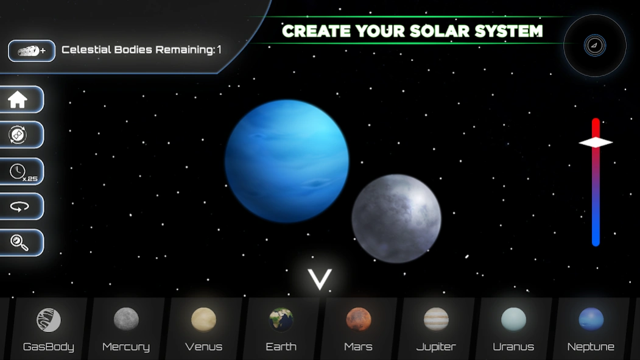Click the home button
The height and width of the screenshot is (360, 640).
coord(18,100)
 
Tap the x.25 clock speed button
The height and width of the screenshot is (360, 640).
coord(19,172)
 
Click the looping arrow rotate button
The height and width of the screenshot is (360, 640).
coord(19,207)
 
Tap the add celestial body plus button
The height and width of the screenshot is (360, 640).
coord(32,51)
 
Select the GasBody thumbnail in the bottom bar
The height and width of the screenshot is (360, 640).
coord(49,320)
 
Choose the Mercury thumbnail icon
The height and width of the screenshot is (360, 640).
coord(126,319)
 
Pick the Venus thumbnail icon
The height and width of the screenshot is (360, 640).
coord(203,319)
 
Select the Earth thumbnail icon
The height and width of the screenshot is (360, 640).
coord(281,319)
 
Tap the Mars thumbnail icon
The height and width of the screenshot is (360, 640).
coord(359,319)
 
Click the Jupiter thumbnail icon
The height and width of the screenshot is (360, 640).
coord(436,319)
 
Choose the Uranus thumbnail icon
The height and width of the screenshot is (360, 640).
coord(513,319)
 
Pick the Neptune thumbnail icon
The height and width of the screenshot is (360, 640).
coord(591,319)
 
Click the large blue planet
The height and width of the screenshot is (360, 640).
coord(286,161)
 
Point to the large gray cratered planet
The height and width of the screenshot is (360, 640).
coord(396,218)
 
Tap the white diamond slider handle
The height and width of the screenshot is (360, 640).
coord(596,143)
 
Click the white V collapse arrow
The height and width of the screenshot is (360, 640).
coord(319,280)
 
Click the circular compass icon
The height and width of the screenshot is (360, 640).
coord(595,46)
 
